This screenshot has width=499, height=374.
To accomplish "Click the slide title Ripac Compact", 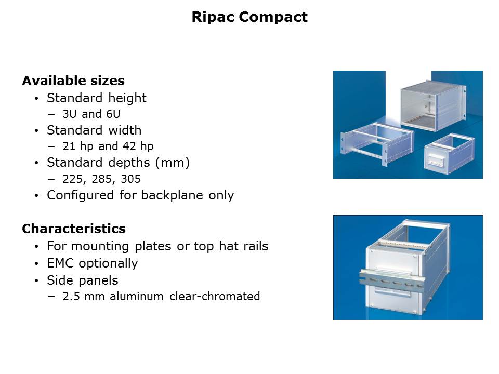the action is [249, 17].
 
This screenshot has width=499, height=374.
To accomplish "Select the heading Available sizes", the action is [73, 81].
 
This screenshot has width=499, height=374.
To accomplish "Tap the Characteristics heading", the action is [74, 229].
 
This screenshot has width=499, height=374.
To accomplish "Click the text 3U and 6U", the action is [91, 114].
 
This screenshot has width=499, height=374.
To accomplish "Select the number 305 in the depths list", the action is [131, 179].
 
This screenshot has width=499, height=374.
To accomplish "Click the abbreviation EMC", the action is [60, 263].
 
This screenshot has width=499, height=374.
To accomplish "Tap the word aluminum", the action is [137, 297].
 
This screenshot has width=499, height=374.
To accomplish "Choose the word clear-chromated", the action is [215, 297].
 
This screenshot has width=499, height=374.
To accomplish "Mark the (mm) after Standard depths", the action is [172, 163].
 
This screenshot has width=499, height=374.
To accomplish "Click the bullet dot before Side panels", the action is [36, 281].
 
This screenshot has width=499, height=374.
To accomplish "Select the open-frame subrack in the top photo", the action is [377, 143].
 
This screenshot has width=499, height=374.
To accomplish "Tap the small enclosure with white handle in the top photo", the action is [449, 154].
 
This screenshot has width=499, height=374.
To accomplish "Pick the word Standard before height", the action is [74, 98].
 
